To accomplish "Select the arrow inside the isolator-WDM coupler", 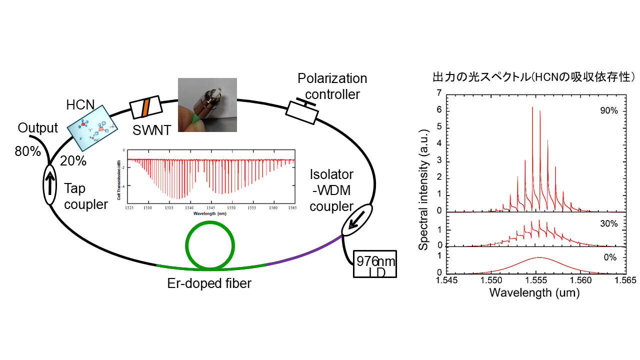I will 356,220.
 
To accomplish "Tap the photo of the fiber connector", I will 207,104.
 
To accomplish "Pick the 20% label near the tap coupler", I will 73,161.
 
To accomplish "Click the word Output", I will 38,128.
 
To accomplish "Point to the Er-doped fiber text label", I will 209,284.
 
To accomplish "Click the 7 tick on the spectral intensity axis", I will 438,93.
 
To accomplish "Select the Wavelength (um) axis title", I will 534,293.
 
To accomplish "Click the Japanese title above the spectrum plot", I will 534,77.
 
